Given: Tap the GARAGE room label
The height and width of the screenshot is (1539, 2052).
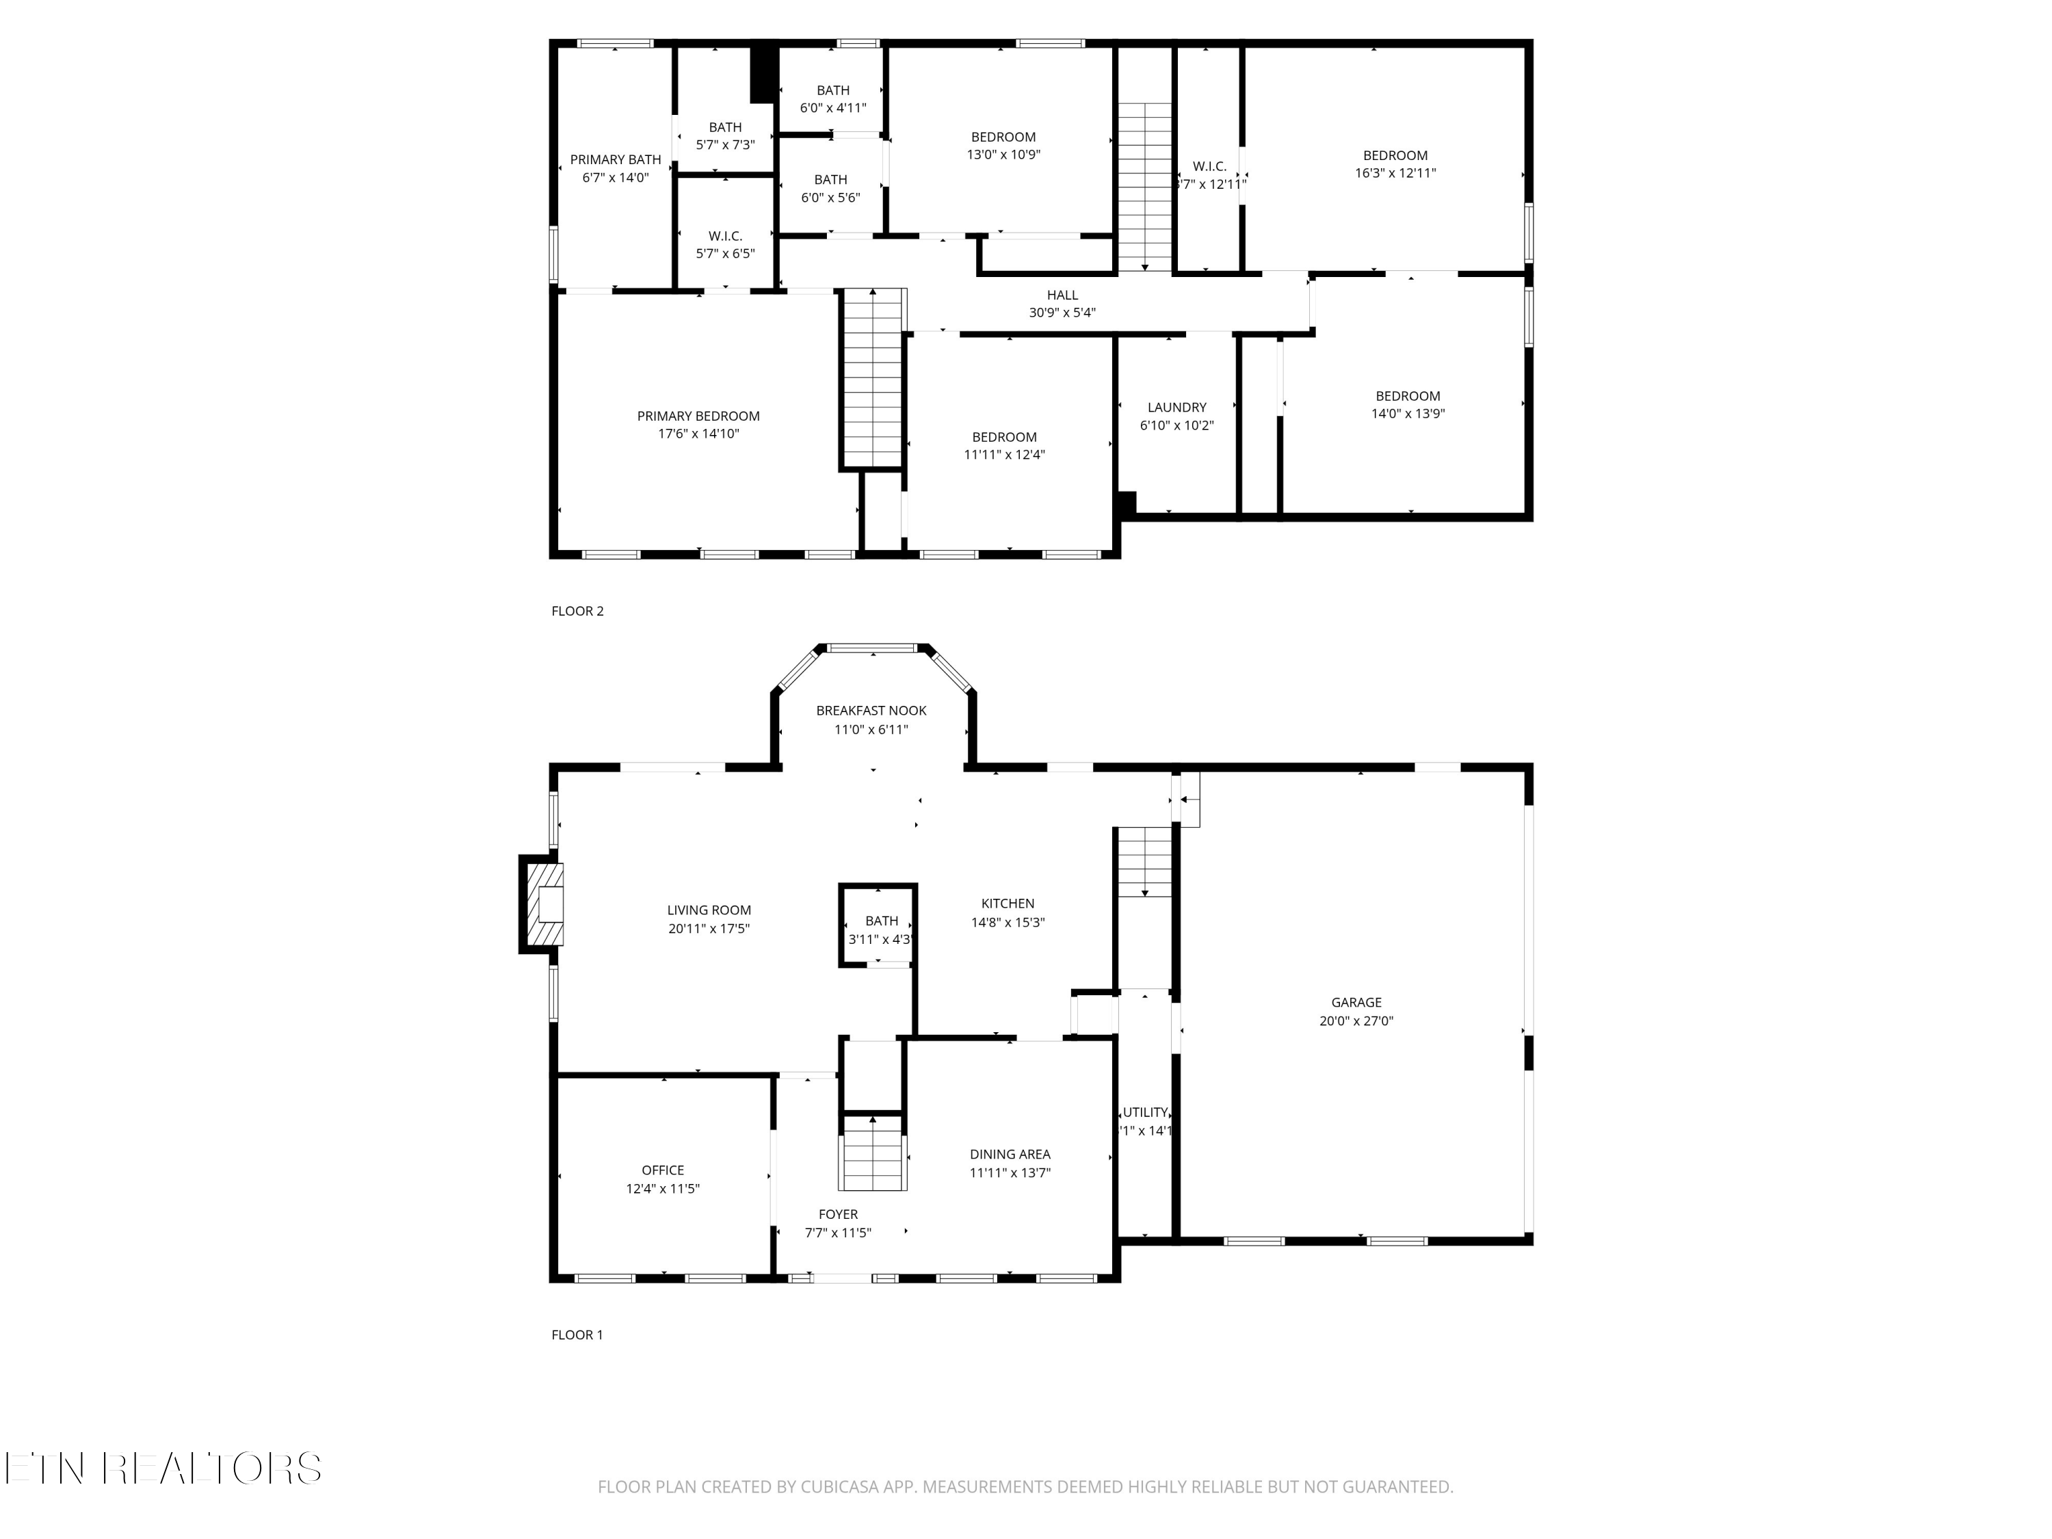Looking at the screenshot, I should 1356,1002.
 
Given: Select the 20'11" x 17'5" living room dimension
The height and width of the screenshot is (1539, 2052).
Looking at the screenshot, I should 709,929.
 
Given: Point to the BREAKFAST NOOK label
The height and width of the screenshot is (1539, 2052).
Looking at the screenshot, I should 871,711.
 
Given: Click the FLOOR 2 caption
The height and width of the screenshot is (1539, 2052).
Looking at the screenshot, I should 577,610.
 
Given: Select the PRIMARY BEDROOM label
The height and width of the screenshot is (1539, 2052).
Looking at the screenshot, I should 698,417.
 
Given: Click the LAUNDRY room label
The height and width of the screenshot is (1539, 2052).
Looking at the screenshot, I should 1176,407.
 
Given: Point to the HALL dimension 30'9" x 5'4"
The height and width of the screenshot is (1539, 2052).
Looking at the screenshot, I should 1062,313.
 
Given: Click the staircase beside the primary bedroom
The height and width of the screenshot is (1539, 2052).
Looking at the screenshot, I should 872,378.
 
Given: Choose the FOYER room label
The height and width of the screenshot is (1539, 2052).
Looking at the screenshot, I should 838,1214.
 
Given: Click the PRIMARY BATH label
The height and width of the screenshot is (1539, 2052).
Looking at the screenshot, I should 615,159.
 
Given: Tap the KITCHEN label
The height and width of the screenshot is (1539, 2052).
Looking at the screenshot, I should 1008,904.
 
